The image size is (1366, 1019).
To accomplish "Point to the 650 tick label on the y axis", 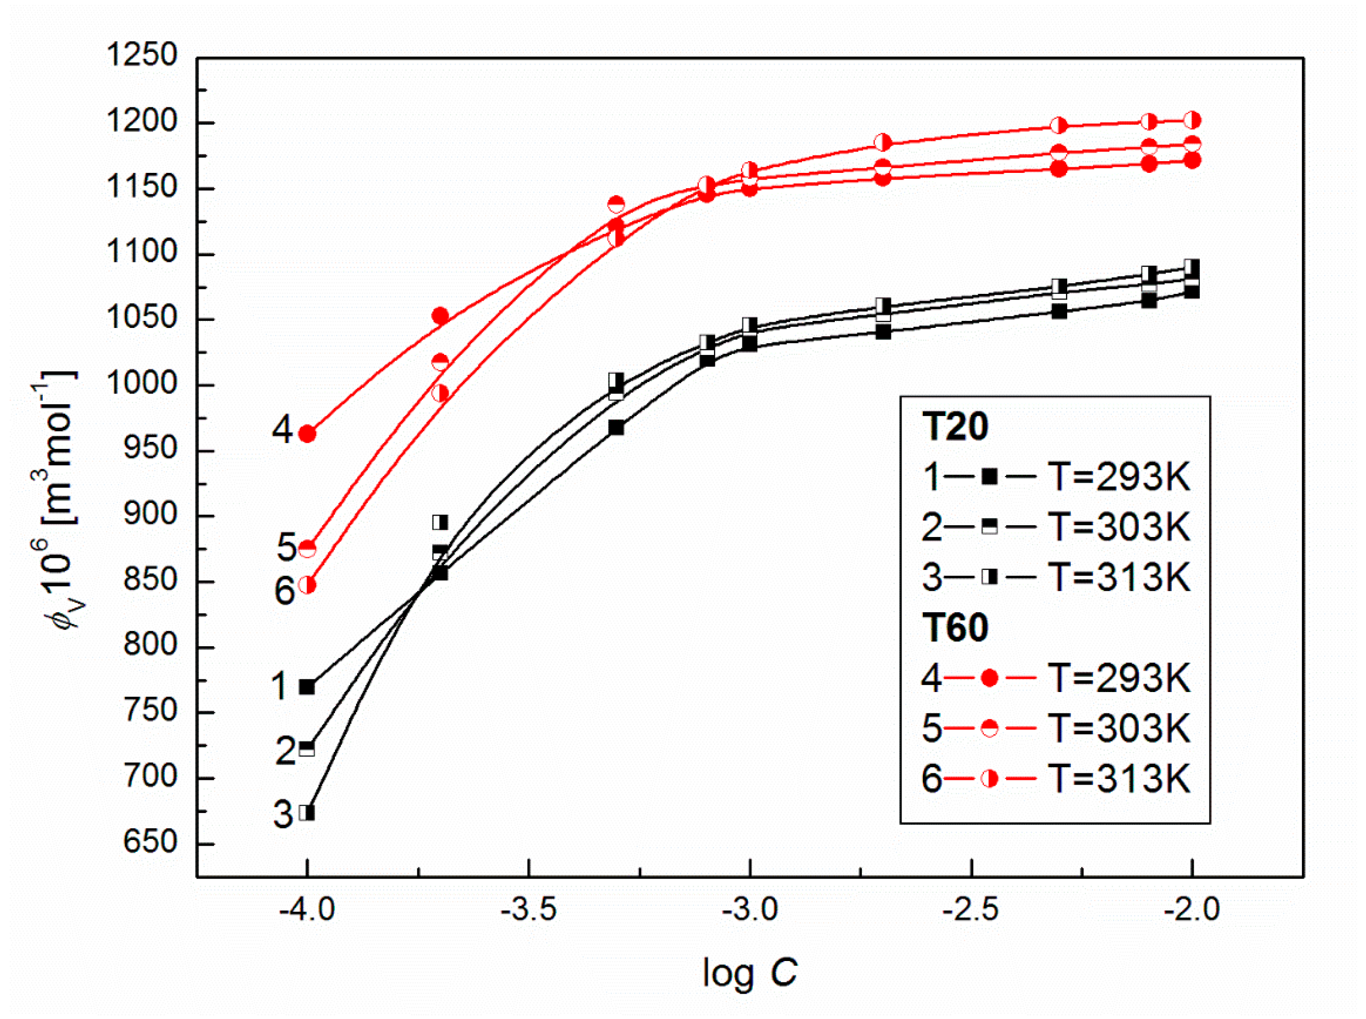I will (150, 842).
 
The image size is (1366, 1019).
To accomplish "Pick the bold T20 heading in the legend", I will (955, 426).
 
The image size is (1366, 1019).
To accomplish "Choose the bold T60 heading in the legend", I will (955, 628).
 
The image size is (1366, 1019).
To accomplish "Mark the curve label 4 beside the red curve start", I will (283, 430).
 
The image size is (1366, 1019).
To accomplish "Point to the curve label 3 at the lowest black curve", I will (283, 815).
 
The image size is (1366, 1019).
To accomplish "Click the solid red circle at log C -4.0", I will (307, 434).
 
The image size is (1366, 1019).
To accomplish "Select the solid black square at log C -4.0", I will (307, 687).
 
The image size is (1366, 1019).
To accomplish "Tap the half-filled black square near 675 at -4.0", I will (307, 813).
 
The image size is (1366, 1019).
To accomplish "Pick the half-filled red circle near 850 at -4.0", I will (307, 585).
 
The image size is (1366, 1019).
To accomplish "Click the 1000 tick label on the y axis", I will (142, 384).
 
